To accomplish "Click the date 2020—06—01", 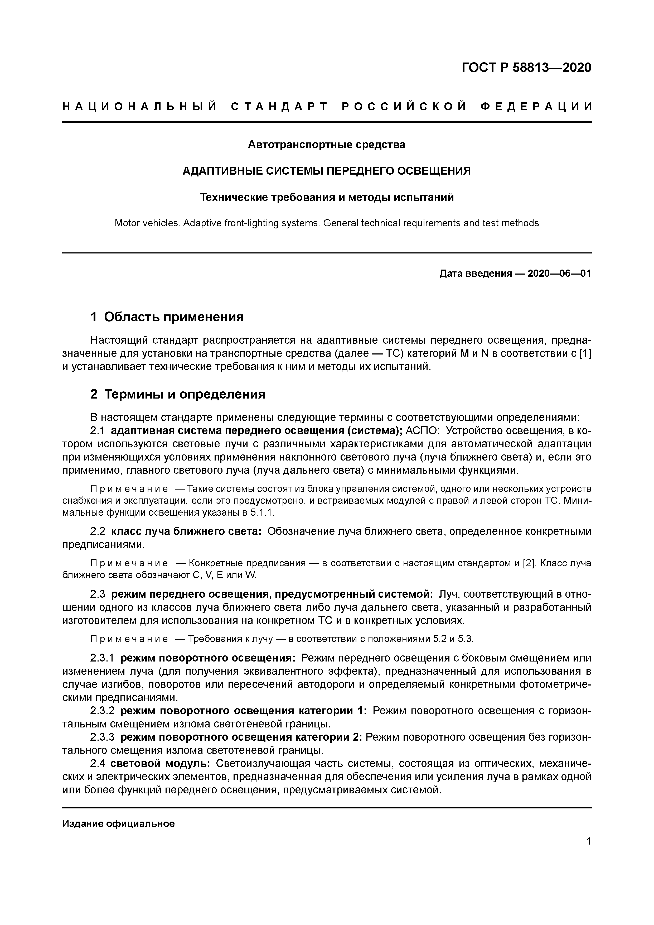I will [x=559, y=274].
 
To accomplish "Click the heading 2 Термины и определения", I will [x=178, y=394].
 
